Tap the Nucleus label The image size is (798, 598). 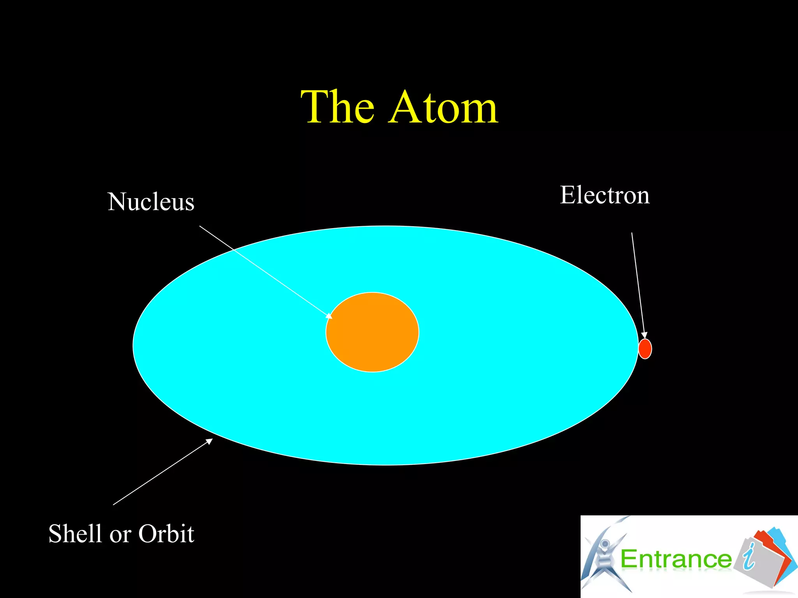151,202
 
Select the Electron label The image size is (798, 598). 605,195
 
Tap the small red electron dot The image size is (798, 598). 645,349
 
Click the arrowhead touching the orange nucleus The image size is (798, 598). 329,316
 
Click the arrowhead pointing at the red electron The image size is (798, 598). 644,335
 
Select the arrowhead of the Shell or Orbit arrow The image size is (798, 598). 210,441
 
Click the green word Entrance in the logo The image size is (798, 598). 676,559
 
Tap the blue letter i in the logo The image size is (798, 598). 749,557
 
